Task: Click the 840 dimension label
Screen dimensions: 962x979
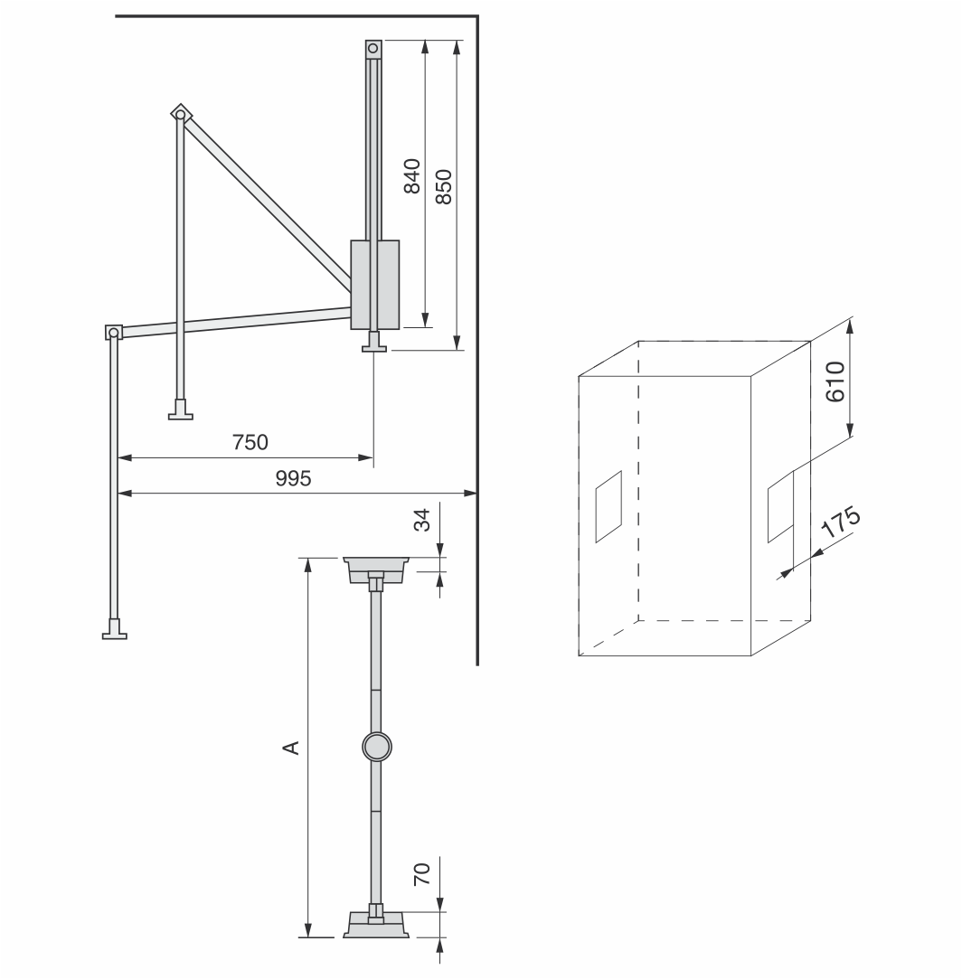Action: [x=411, y=176]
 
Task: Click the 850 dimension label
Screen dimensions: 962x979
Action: [x=443, y=187]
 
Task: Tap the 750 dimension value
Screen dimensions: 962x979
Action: [x=250, y=442]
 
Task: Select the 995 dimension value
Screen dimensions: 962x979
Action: [x=293, y=478]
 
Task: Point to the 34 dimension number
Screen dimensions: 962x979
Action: [x=423, y=520]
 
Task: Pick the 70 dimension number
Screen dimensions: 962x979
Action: [x=423, y=873]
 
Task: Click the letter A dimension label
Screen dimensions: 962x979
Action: [x=291, y=748]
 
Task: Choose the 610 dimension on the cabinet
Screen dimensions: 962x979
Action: [x=835, y=381]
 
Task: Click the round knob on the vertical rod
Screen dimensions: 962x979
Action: [x=377, y=746]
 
